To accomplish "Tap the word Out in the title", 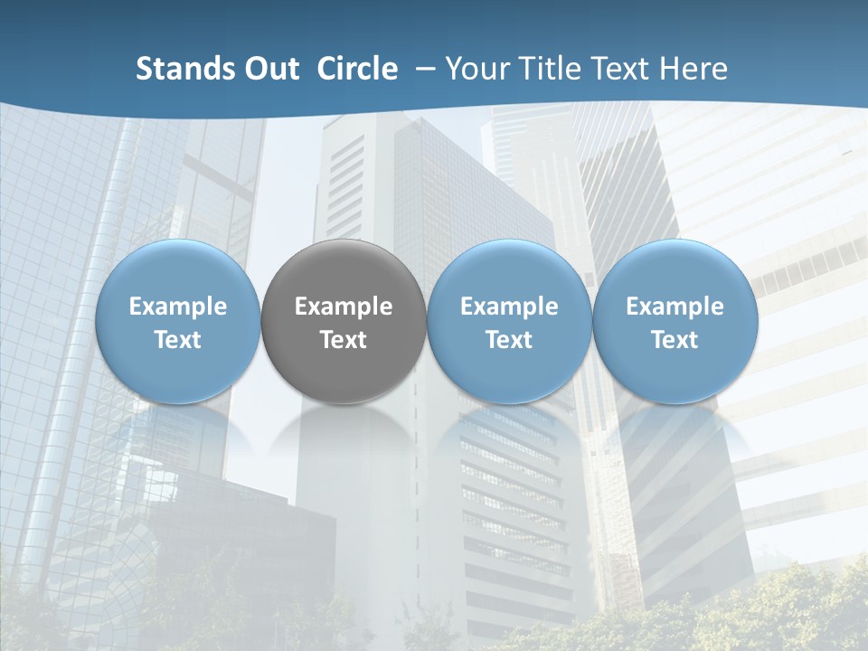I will tap(272, 69).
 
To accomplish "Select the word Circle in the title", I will tap(357, 69).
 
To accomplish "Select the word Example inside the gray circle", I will tap(344, 307).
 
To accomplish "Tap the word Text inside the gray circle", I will tap(344, 340).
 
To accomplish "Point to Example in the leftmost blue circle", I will tap(178, 307).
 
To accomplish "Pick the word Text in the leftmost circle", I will tap(178, 340).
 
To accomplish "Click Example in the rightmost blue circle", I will tap(675, 307).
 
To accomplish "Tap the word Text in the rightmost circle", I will tap(675, 340).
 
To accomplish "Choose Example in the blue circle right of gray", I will tap(509, 307).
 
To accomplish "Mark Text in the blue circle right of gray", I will tap(509, 340).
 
